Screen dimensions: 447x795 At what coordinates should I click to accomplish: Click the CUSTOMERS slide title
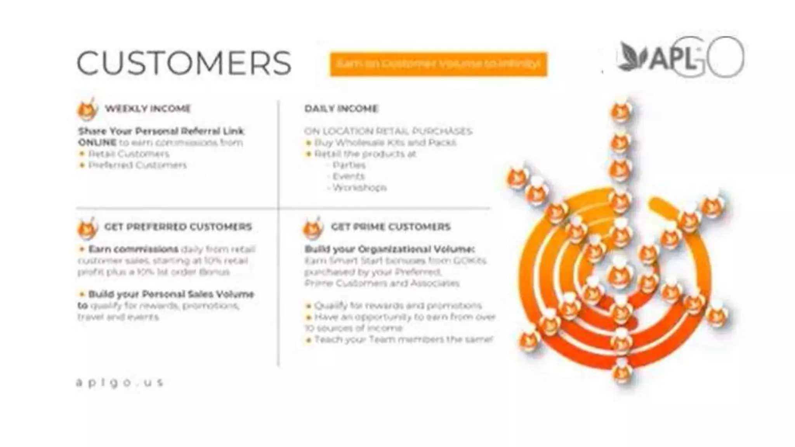click(184, 63)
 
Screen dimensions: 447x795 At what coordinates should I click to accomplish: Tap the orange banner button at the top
click(438, 64)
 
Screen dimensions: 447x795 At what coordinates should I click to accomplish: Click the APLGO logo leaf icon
click(632, 57)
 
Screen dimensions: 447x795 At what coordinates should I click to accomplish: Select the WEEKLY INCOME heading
click(148, 109)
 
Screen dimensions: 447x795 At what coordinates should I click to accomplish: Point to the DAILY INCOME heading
click(341, 109)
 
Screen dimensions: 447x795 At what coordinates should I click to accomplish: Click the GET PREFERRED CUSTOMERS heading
click(178, 227)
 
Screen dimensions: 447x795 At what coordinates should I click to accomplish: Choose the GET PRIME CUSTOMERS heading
click(391, 227)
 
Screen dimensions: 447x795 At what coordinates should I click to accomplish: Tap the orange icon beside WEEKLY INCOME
click(87, 109)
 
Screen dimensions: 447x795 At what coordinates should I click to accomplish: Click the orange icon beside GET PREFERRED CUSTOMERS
click(87, 228)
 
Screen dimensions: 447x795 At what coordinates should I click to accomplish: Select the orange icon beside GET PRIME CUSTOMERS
click(312, 228)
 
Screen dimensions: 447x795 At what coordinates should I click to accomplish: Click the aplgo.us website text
click(120, 383)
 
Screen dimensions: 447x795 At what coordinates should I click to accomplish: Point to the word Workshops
click(359, 188)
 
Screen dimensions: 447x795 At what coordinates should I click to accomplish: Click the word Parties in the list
click(349, 165)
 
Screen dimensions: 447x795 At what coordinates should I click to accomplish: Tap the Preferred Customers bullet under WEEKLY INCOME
click(137, 165)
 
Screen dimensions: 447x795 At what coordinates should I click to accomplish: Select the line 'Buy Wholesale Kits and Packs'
click(385, 142)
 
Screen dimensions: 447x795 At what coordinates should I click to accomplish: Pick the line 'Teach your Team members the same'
click(403, 340)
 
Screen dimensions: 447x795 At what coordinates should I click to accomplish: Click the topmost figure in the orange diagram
click(621, 111)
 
